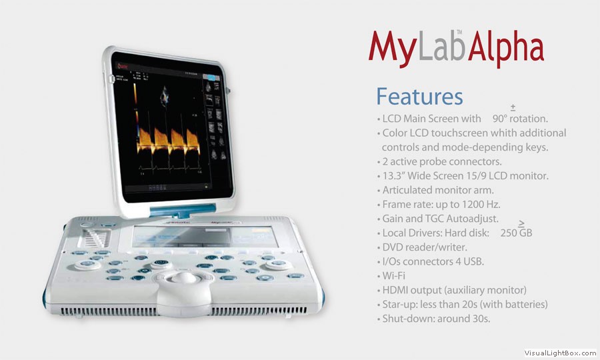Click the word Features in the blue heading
419,96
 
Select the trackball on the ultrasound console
183,277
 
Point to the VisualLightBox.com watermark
560,353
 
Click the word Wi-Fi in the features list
394,276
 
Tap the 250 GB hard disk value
516,233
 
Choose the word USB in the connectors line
474,261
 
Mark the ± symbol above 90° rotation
513,107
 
